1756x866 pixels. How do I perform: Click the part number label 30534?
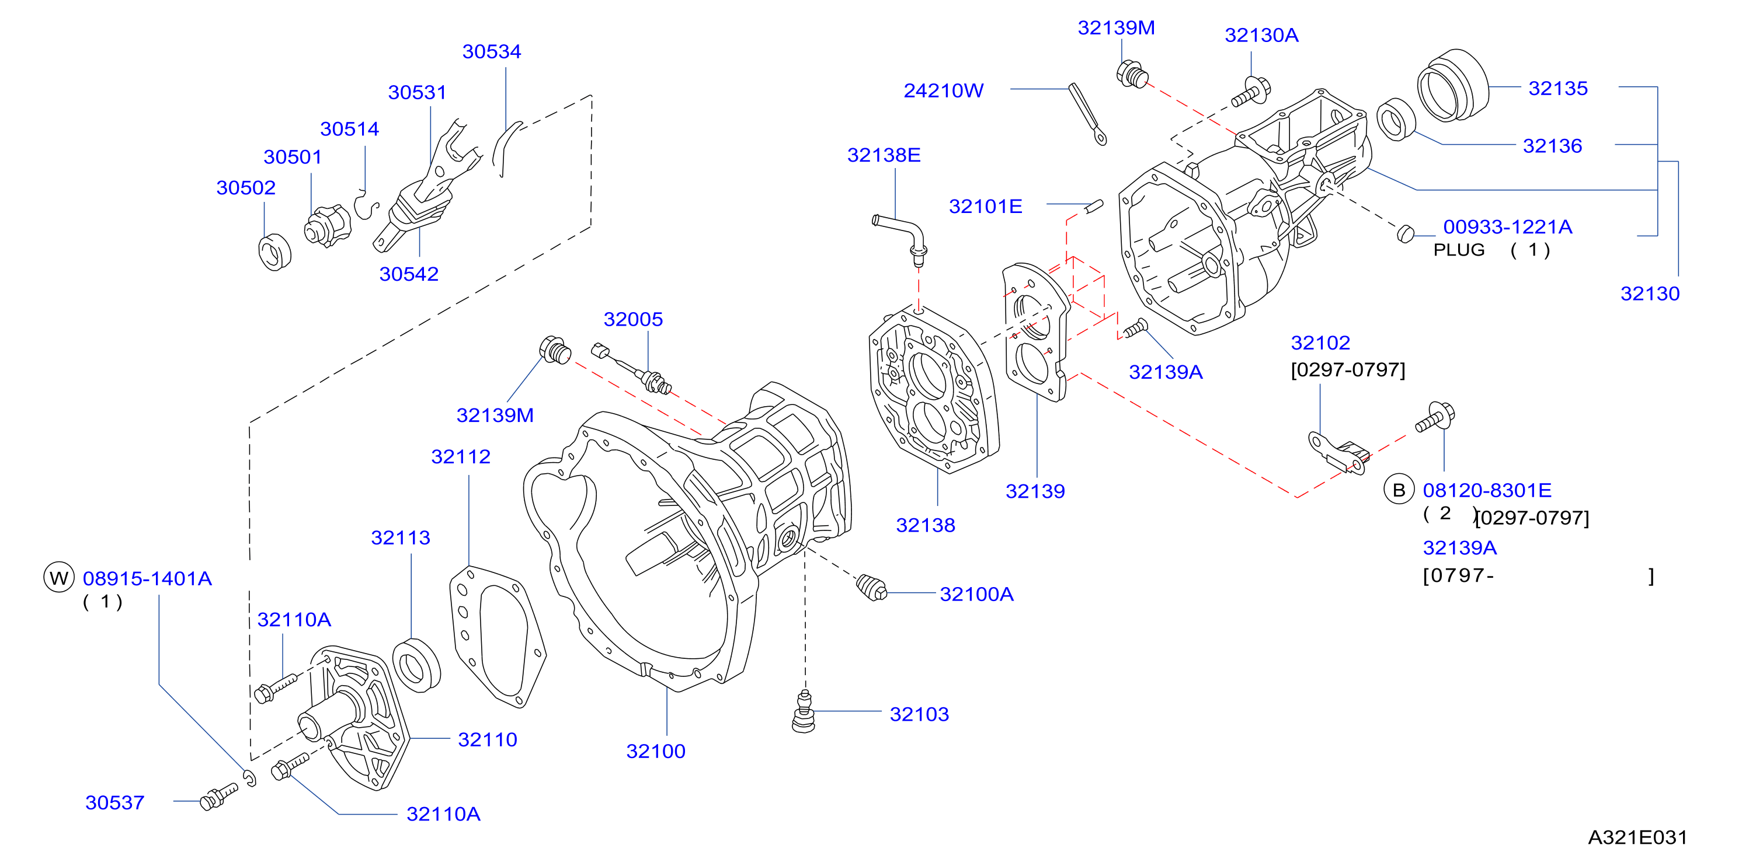492,52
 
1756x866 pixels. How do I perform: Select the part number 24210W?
944,90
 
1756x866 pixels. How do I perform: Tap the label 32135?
1557,89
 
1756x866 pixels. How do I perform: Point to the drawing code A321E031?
1637,837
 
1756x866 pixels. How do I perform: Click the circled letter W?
58,578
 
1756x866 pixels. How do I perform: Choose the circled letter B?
1399,490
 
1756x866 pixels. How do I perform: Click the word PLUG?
1459,250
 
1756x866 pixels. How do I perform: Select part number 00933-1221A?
1507,227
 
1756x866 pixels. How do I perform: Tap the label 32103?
919,714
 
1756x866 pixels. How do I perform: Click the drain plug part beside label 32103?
804,712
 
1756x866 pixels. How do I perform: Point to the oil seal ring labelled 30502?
274,252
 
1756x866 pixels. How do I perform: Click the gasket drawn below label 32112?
498,637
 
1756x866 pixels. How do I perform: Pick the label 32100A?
976,594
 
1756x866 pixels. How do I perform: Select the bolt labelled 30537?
218,796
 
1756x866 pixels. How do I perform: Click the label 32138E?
884,155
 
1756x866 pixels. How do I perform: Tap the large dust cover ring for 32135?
1453,85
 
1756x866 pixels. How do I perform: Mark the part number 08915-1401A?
147,578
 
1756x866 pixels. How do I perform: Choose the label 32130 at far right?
1650,294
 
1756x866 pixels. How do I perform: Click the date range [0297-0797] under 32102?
1348,370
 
